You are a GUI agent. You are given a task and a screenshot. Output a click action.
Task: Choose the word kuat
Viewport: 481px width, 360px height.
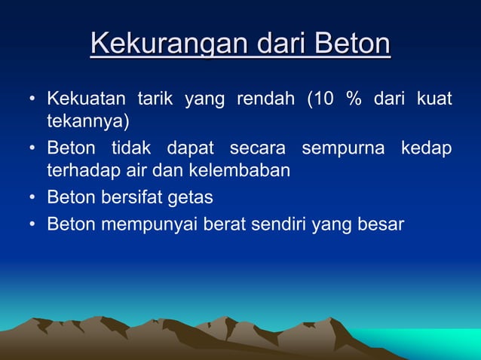[436, 99]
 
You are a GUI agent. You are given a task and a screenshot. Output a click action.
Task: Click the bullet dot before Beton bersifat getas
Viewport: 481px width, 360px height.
[32, 198]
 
